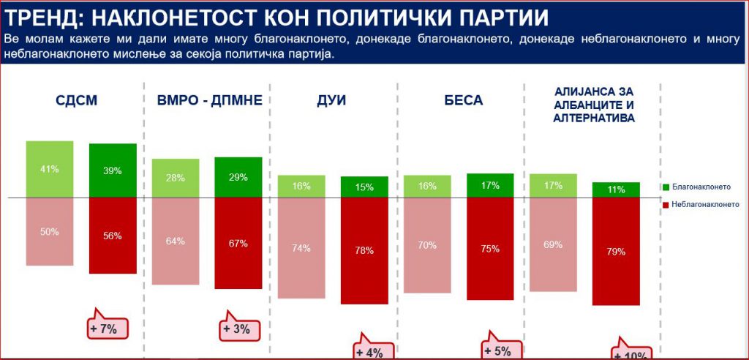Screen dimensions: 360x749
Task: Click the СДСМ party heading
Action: click(76, 100)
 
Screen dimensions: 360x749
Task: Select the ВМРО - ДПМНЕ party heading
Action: click(209, 100)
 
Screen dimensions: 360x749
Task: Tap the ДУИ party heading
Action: click(332, 100)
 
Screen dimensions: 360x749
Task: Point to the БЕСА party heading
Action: click(464, 100)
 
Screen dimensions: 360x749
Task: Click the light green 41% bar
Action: click(50, 169)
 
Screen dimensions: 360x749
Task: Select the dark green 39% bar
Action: click(113, 170)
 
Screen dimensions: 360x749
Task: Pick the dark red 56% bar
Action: click(113, 236)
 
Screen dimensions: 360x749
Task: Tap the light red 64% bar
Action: click(175, 241)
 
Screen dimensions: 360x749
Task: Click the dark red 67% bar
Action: click(238, 243)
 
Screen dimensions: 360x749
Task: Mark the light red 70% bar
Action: click(427, 245)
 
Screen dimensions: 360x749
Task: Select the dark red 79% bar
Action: click(616, 251)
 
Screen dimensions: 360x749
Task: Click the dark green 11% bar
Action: click(616, 190)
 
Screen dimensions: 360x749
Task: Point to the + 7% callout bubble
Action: click(104, 329)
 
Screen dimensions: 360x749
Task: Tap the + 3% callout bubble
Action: click(236, 329)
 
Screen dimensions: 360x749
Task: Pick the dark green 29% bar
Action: click(238, 177)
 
